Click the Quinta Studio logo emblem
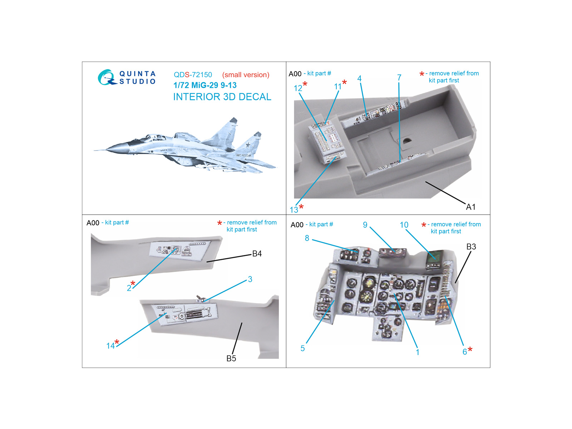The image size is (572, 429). pyautogui.click(x=107, y=77)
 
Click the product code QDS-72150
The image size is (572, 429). pyautogui.click(x=193, y=75)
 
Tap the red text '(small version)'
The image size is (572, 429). pyautogui.click(x=246, y=75)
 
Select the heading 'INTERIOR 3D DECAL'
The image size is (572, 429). pyautogui.click(x=222, y=97)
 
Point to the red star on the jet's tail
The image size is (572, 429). pyautogui.click(x=248, y=144)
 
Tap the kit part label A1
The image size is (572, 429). pyautogui.click(x=470, y=207)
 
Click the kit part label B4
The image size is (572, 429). pyautogui.click(x=257, y=253)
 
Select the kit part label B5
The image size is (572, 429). pyautogui.click(x=231, y=359)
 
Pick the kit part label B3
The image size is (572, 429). pyautogui.click(x=471, y=246)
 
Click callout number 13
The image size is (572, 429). pyautogui.click(x=294, y=210)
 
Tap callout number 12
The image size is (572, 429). pyautogui.click(x=298, y=88)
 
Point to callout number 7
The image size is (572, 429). pyautogui.click(x=399, y=77)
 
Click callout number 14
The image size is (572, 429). pyautogui.click(x=110, y=346)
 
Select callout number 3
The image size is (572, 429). pyautogui.click(x=250, y=279)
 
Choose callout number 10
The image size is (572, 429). pyautogui.click(x=404, y=225)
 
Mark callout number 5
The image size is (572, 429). pyautogui.click(x=302, y=348)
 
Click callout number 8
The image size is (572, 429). pyautogui.click(x=307, y=238)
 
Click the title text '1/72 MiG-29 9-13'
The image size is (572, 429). pyautogui.click(x=205, y=85)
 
